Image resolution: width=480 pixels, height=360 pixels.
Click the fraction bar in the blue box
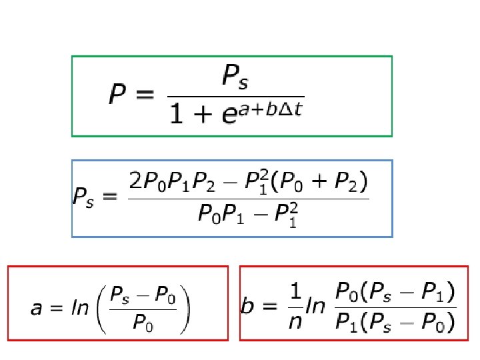pyautogui.click(x=247, y=198)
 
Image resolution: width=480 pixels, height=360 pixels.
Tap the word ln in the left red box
pyautogui.click(x=80, y=309)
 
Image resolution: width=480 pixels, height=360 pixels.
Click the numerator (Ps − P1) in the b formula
pyautogui.click(x=412, y=291)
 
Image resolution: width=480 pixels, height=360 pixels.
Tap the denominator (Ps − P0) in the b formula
pyautogui.click(x=412, y=324)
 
